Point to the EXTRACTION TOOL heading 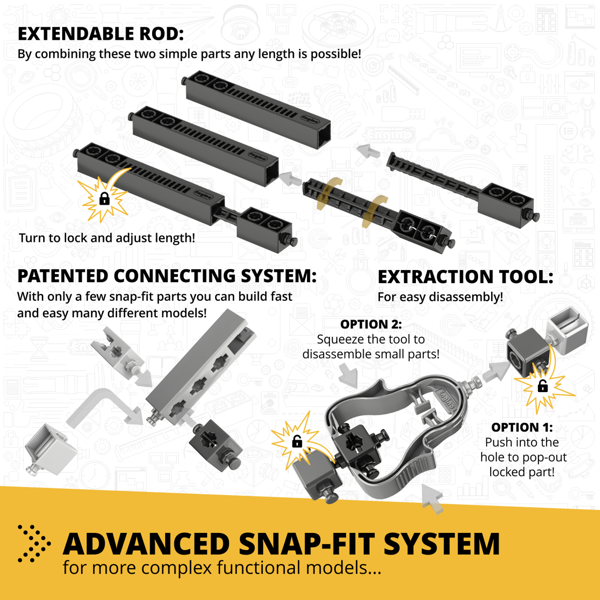point(464,276)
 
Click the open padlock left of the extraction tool point(296,441)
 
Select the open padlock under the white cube point(542,386)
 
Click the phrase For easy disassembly point(439,297)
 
